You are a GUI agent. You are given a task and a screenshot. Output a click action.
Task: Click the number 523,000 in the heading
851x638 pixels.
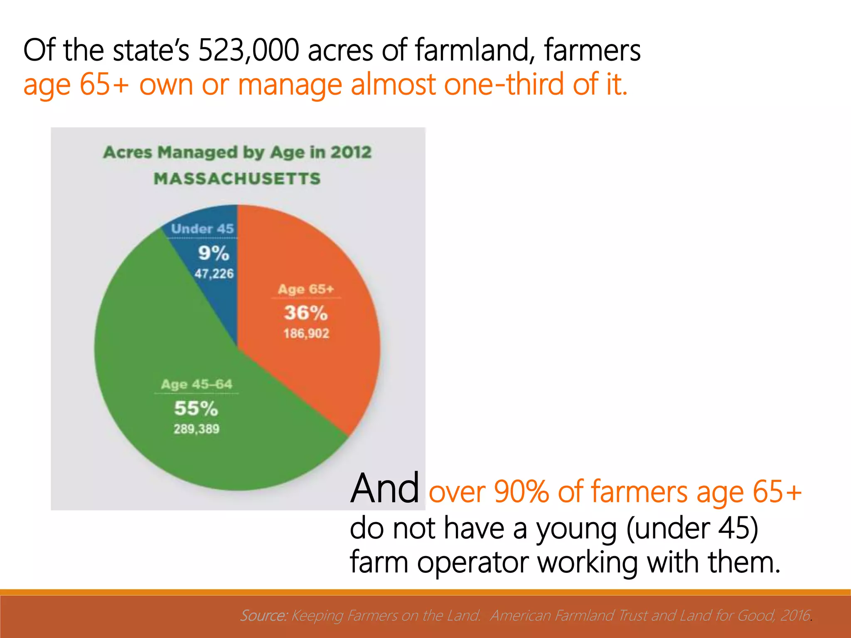(248, 50)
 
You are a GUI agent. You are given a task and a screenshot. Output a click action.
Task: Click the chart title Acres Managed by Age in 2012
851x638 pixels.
(237, 152)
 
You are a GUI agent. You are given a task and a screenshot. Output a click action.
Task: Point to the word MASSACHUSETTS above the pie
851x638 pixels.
(237, 179)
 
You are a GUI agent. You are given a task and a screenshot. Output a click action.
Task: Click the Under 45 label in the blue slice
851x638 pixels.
(202, 228)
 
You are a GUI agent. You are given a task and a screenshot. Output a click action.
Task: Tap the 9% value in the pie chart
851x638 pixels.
(214, 253)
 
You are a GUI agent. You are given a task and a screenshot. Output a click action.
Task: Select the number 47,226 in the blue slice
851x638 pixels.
(214, 274)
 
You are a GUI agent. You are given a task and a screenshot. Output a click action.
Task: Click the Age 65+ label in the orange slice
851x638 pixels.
(306, 289)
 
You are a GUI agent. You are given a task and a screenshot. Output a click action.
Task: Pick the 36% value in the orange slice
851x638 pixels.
(306, 313)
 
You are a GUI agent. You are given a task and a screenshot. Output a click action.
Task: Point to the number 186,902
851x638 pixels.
(306, 334)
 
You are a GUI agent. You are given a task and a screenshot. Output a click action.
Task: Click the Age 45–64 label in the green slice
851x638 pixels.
(197, 384)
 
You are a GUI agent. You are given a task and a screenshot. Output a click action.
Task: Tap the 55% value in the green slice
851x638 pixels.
(196, 408)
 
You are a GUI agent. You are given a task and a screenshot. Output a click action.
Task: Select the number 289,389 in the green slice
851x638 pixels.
(197, 429)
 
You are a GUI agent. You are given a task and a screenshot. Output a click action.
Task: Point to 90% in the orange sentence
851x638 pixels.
(521, 492)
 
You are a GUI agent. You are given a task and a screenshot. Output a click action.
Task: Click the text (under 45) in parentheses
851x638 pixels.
(692, 528)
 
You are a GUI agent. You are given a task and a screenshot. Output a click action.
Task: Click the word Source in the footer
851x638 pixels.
(263, 615)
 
